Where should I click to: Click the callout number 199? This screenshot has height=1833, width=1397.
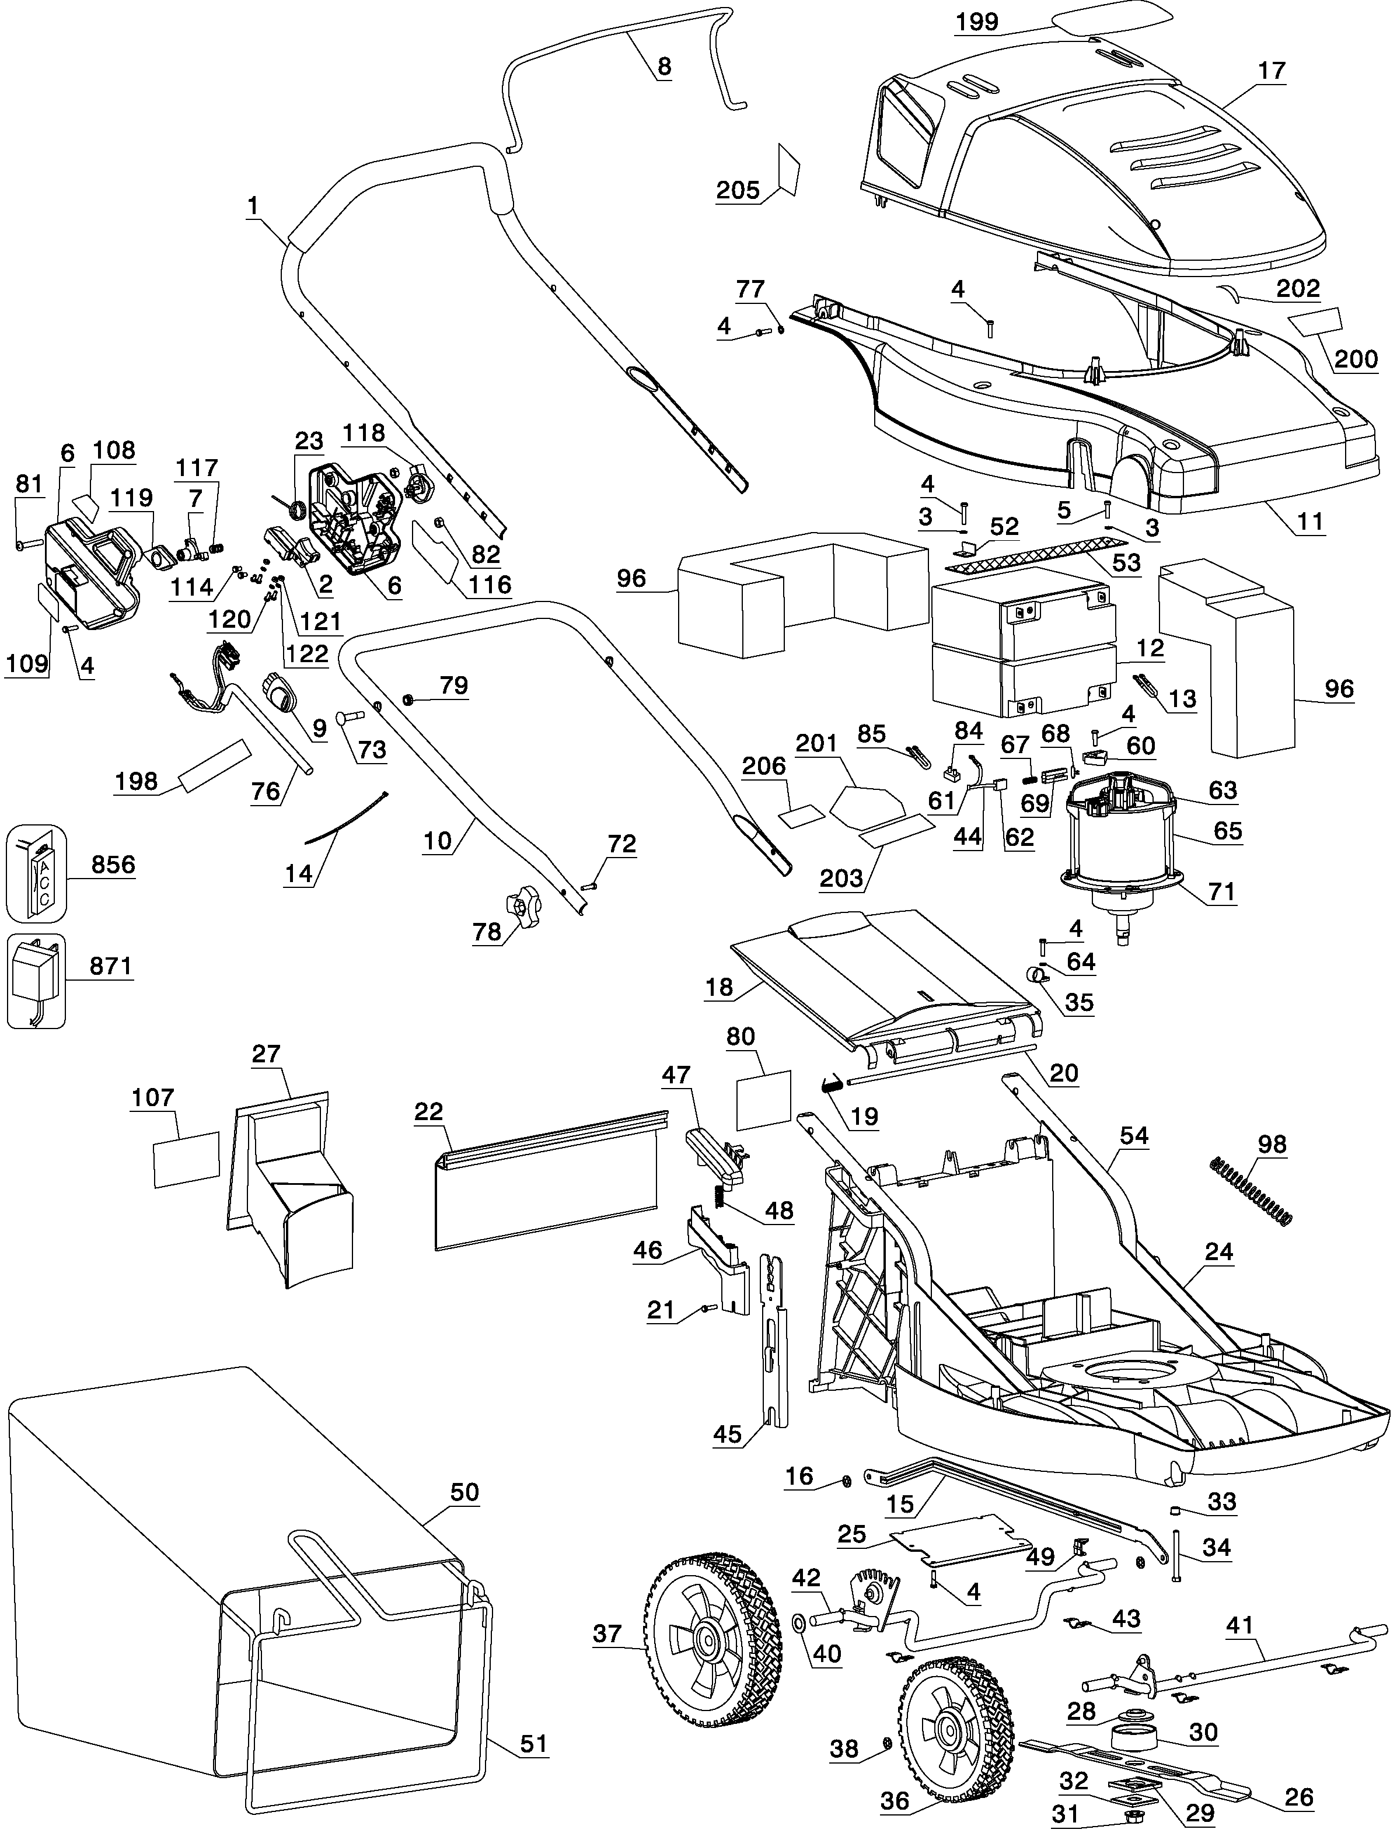pyautogui.click(x=977, y=22)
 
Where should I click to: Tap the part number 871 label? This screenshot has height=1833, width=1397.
pyautogui.click(x=111, y=966)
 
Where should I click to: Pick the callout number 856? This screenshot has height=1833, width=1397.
pyautogui.click(x=113, y=865)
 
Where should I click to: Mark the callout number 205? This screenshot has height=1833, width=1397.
pyautogui.click(x=738, y=190)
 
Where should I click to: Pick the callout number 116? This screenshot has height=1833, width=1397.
pyautogui.click(x=489, y=585)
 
